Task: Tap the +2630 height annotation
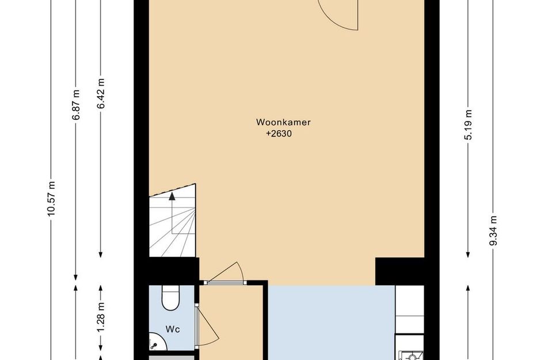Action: click(x=279, y=134)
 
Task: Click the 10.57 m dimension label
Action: click(x=51, y=199)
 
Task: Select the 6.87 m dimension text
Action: click(x=75, y=105)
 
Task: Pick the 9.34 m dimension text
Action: click(x=493, y=230)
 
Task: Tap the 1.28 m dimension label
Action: click(x=101, y=316)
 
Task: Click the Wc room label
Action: click(x=173, y=329)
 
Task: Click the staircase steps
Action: click(x=173, y=228)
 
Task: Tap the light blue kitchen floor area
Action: click(x=331, y=323)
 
